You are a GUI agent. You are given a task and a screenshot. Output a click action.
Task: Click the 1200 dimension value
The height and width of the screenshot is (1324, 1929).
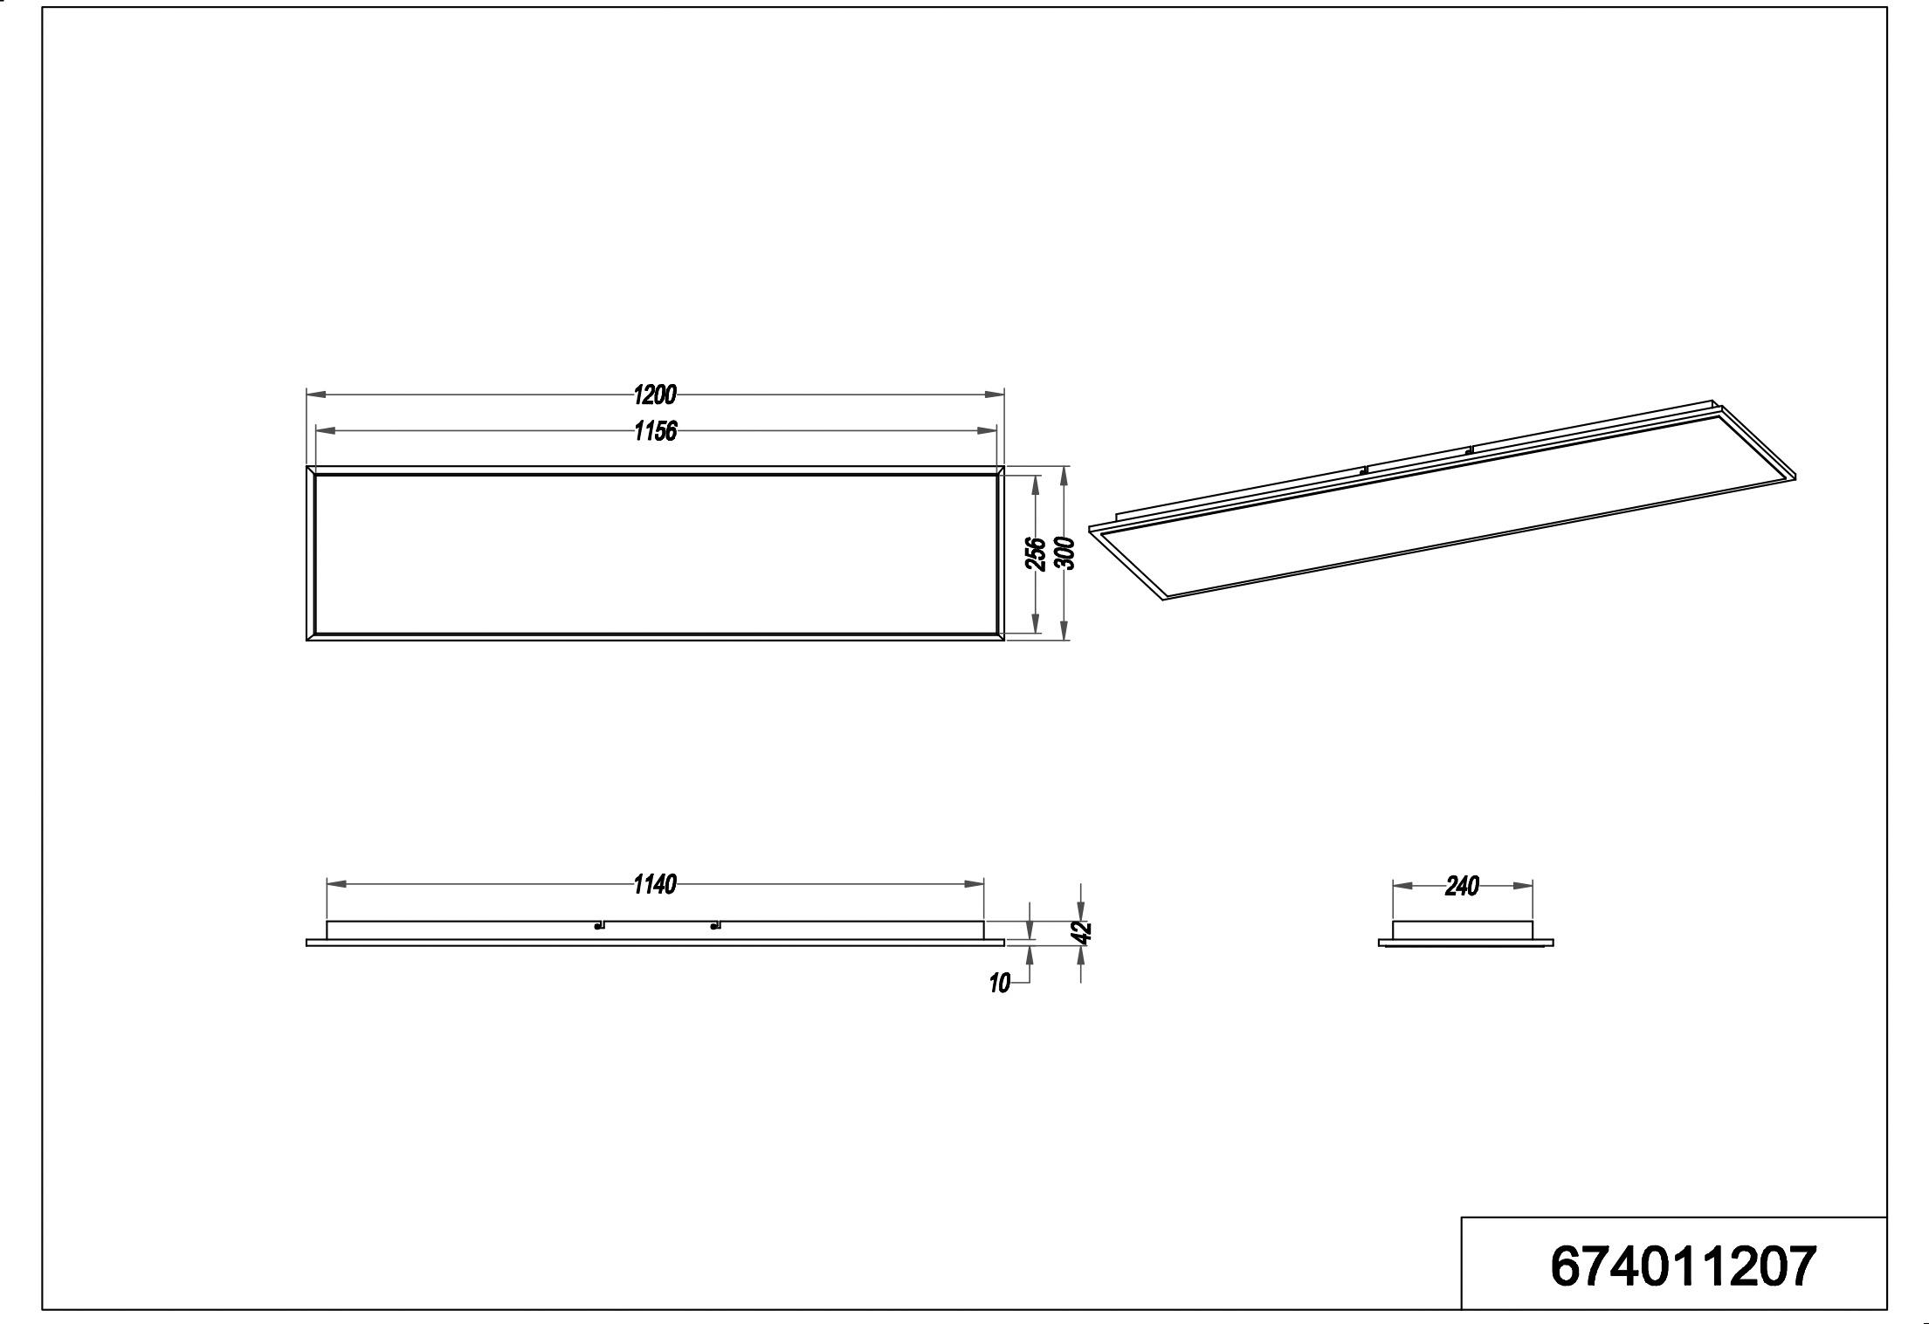655,395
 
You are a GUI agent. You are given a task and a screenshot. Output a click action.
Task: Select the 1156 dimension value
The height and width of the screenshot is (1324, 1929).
655,431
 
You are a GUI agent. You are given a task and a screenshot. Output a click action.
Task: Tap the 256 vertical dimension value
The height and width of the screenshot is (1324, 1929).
1036,553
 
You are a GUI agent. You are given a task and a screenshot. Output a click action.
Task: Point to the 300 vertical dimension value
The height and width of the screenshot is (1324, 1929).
1064,553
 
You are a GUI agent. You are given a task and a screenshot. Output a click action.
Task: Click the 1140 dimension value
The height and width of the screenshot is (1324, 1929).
655,885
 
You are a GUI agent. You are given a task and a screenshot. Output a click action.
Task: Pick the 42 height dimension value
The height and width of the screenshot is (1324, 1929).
1083,932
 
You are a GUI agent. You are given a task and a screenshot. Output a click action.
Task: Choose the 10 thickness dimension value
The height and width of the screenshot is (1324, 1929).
1000,984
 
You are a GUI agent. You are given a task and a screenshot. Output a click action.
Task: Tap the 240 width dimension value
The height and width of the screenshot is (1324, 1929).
1462,887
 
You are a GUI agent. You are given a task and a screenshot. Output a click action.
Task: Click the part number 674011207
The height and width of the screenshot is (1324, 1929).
1683,1266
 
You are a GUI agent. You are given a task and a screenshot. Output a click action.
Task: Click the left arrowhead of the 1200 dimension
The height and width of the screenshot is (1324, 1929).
316,395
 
